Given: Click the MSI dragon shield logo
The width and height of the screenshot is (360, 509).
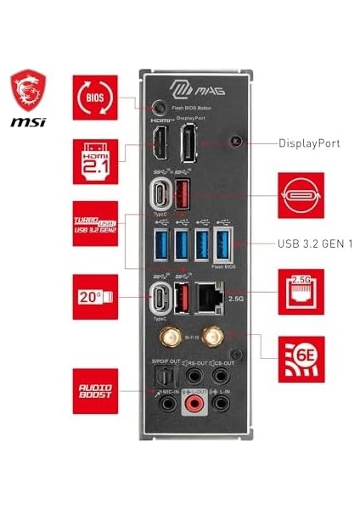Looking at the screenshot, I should (x=28, y=91).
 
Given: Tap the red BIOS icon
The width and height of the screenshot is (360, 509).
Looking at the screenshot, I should (x=95, y=97).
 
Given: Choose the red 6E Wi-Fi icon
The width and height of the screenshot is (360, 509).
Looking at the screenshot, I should (x=301, y=358).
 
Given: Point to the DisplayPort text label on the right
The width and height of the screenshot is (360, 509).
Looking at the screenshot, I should (x=309, y=143).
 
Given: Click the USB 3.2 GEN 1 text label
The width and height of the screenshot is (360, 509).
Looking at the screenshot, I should (x=315, y=243).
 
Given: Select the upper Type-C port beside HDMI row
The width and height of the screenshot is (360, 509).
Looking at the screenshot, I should (x=159, y=193).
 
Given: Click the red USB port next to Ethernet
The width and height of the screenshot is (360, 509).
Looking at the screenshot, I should (x=181, y=300).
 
